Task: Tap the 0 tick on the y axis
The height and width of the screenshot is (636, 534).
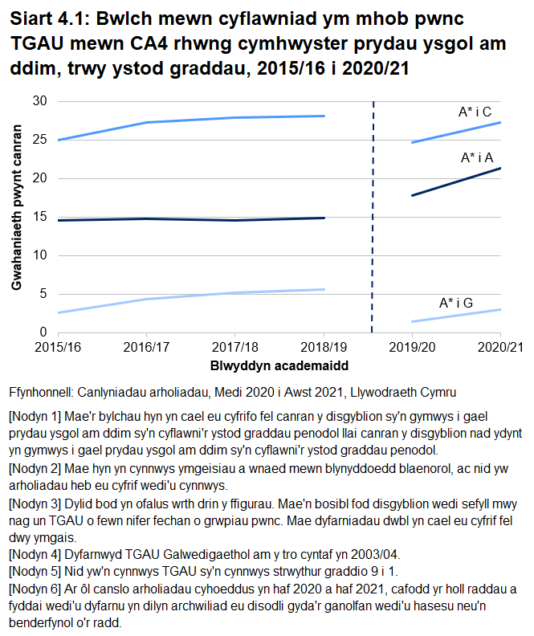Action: coord(43,332)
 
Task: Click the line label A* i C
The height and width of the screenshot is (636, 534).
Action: coord(475,112)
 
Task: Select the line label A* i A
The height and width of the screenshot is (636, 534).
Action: coord(477,158)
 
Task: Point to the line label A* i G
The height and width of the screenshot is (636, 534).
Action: coord(455,303)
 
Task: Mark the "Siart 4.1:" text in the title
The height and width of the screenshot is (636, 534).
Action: coord(47,18)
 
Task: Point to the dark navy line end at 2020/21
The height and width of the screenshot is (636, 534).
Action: coord(500,168)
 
